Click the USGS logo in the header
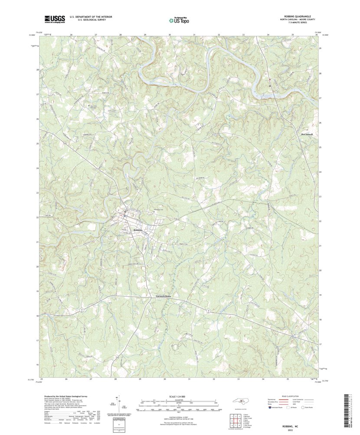54,19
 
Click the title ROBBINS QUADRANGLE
297,16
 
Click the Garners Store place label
157,297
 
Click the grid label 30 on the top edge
170,34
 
